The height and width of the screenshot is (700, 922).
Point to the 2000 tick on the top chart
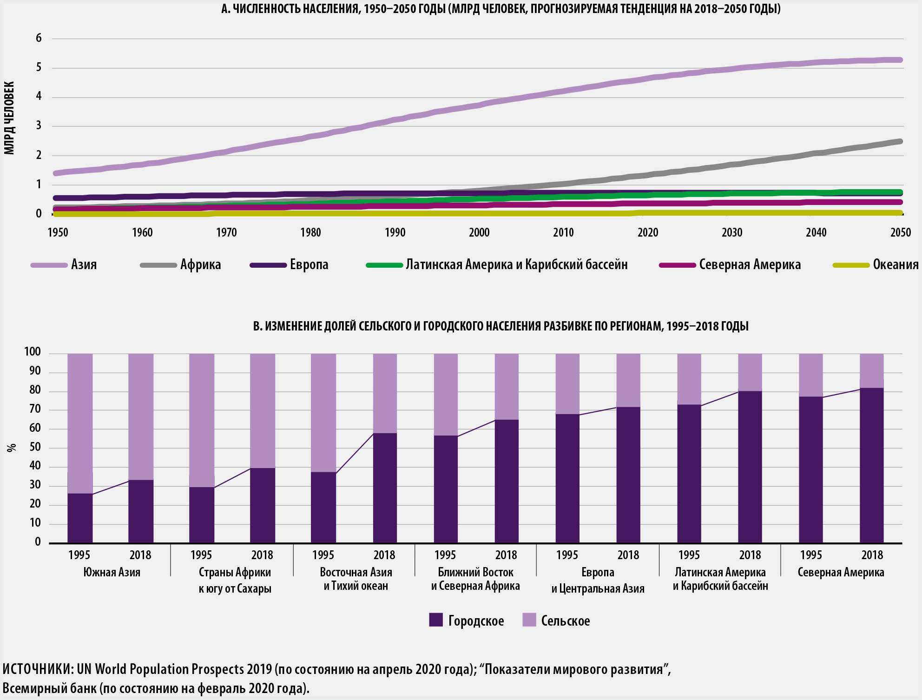pos(479,232)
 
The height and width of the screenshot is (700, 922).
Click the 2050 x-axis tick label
pos(900,232)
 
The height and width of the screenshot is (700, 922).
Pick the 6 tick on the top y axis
pos(39,38)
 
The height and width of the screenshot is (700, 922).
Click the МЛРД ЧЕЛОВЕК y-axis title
pos(9,118)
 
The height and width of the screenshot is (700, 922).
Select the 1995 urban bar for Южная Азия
pos(80,518)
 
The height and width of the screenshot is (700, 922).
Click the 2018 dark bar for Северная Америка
pos(872,465)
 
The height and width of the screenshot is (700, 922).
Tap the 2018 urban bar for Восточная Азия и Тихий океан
pos(385,488)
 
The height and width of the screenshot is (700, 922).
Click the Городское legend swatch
pos(436,620)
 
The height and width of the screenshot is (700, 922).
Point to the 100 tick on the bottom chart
pos(33,352)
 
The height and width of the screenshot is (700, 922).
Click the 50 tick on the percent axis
pos(35,447)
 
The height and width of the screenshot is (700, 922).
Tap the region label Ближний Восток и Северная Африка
pos(475,579)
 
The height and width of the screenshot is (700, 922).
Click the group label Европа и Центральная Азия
pos(598,580)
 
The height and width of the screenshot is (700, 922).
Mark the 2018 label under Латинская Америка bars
pos(750,555)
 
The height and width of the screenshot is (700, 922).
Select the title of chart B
pos(501,326)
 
